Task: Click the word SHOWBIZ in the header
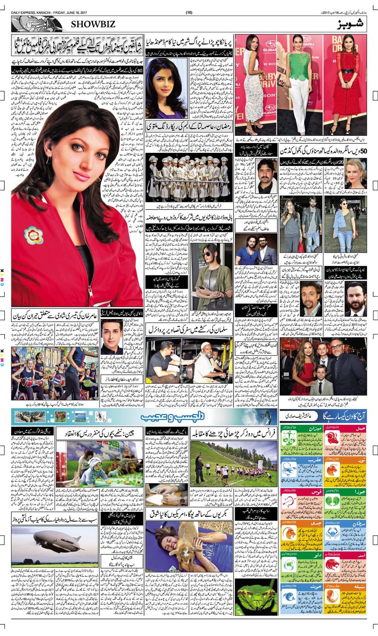(91, 24)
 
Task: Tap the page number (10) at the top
(189, 3)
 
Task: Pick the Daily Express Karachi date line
(33, 3)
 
